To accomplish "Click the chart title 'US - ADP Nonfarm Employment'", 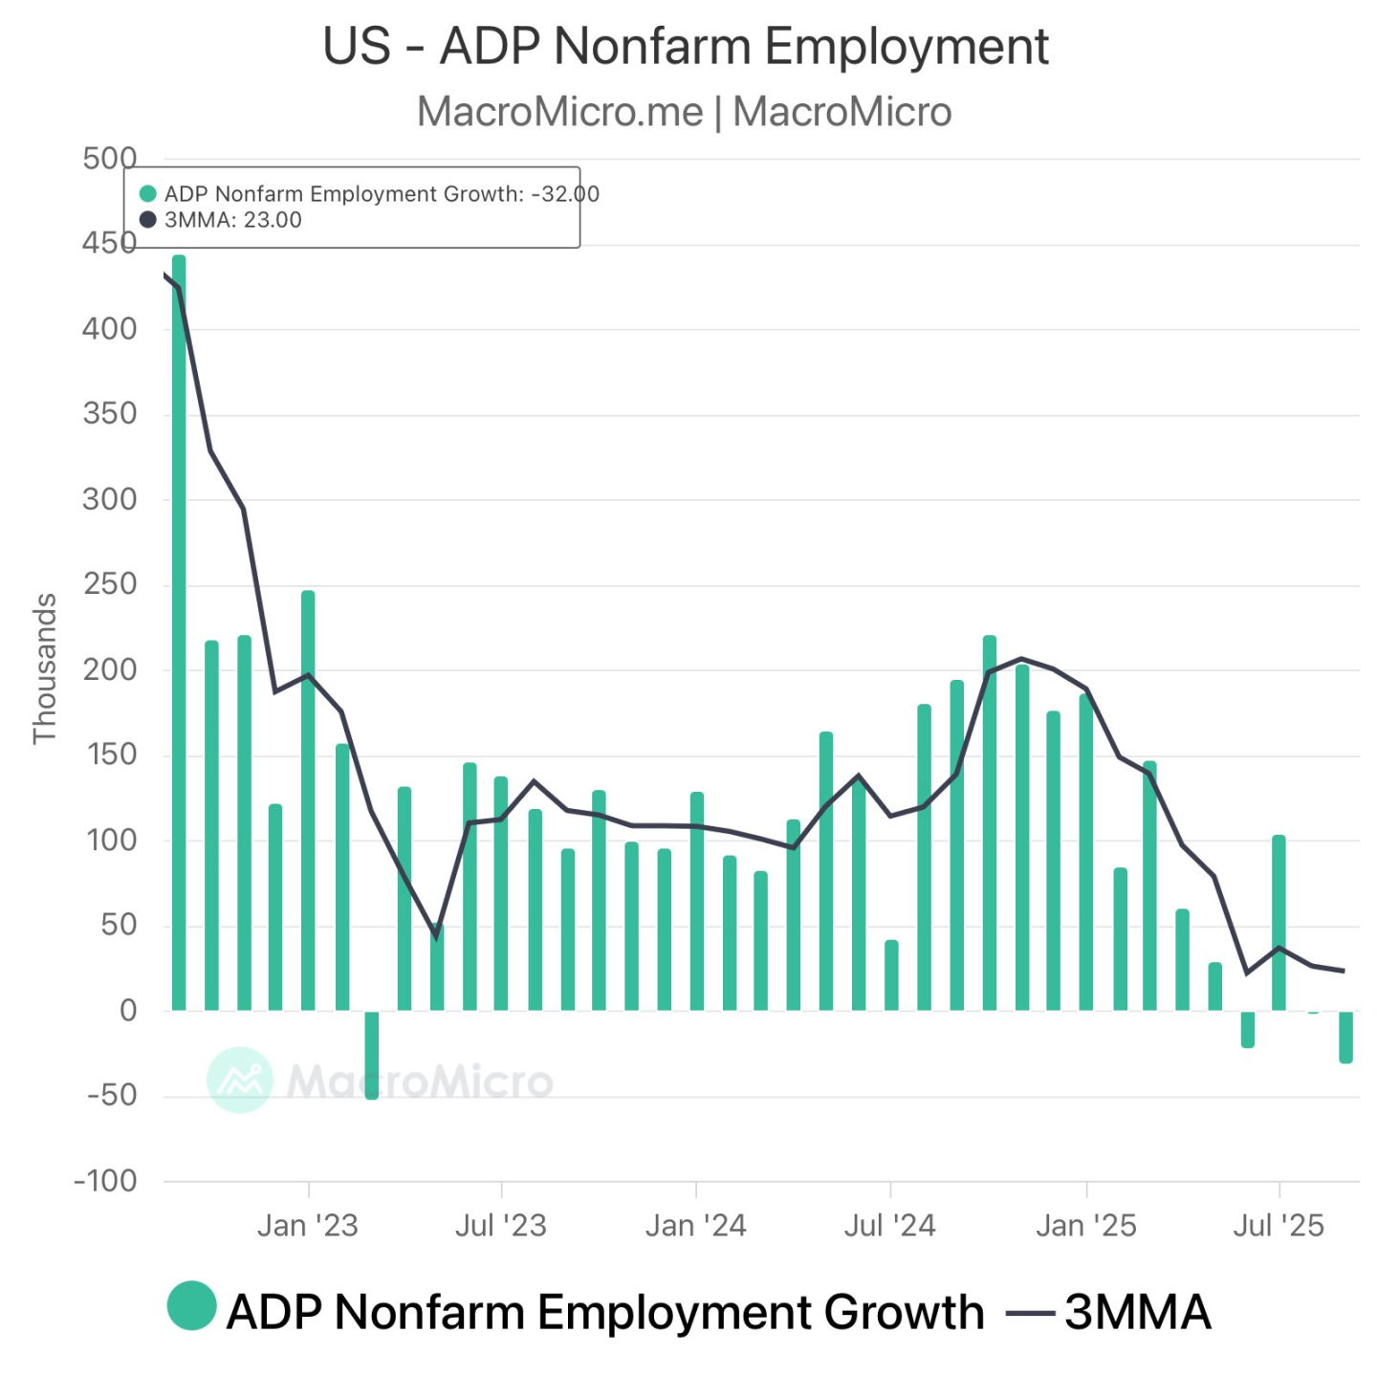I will (686, 46).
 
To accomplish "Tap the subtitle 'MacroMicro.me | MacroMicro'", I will (684, 112).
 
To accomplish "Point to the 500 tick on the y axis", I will (109, 159).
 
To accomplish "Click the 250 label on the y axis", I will (109, 584).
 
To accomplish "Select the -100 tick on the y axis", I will (105, 1181).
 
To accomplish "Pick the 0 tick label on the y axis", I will (127, 1011).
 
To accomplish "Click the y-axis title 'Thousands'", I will (45, 668).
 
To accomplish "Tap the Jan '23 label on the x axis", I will (307, 1225).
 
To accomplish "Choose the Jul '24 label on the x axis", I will (889, 1225).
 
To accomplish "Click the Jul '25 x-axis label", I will (1279, 1225).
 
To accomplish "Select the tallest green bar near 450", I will (179, 631).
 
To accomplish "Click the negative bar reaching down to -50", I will (372, 1055).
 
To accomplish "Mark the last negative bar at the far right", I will (1345, 1037).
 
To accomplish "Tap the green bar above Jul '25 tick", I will (1279, 923).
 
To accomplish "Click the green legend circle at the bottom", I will (191, 1306).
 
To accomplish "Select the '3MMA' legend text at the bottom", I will (1137, 1312).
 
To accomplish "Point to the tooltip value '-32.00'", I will (565, 194).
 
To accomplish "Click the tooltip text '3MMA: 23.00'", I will (232, 220).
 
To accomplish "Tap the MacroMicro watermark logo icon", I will (239, 1080).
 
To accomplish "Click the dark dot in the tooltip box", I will (148, 220).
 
